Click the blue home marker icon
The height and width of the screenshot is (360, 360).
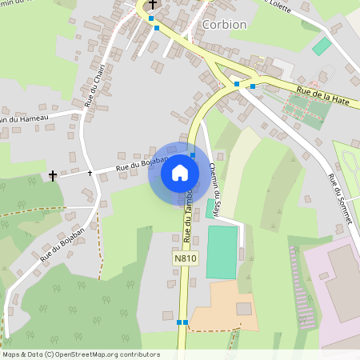(x=180, y=172)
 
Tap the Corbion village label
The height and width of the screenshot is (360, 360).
(x=225, y=24)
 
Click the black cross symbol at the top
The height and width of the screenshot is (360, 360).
(x=152, y=5)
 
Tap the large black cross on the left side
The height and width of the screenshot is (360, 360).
(x=53, y=175)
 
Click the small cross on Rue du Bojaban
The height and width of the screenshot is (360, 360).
(x=90, y=172)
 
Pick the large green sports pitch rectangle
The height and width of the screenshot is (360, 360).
(x=222, y=252)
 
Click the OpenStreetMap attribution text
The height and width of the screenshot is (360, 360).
(x=81, y=354)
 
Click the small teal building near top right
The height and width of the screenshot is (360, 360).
(x=322, y=46)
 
